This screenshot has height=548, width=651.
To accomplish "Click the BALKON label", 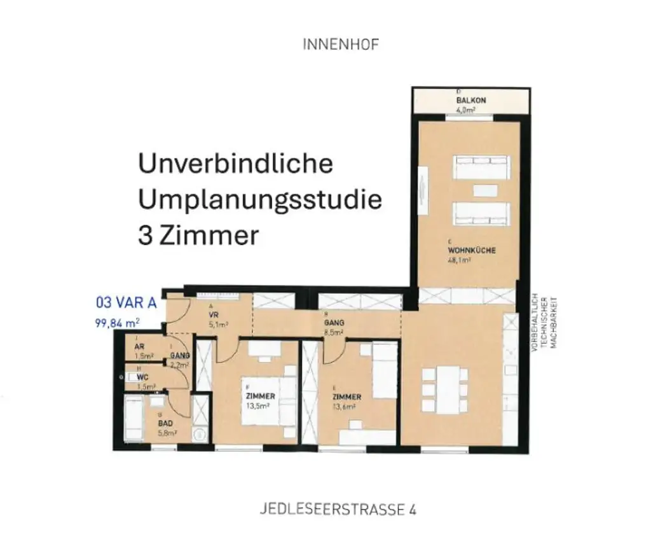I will pyautogui.click(x=470, y=101).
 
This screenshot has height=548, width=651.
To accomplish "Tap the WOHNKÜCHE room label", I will pyautogui.click(x=471, y=250).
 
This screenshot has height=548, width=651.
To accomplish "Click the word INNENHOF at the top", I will pyautogui.click(x=341, y=45).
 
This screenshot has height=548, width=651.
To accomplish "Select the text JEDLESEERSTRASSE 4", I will pyautogui.click(x=338, y=509).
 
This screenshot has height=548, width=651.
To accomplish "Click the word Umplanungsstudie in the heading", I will pyautogui.click(x=260, y=200).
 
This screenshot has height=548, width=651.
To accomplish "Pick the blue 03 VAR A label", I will pyautogui.click(x=125, y=301).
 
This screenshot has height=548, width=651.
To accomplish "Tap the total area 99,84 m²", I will pyautogui.click(x=117, y=323).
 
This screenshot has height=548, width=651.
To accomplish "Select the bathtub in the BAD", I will pyautogui.click(x=134, y=418).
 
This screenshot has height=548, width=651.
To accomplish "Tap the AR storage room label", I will pyautogui.click(x=139, y=346).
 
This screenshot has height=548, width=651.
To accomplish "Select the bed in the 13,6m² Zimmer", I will pyautogui.click(x=384, y=369).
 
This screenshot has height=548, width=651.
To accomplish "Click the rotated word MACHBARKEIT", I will pyautogui.click(x=554, y=321).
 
